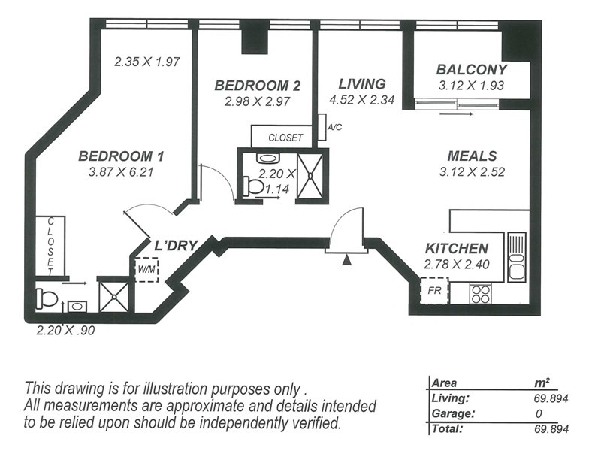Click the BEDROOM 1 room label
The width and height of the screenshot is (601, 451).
[121, 156]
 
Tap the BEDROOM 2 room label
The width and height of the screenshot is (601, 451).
[257, 85]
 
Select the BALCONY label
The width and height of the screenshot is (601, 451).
[473, 70]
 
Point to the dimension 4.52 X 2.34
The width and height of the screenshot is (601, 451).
[361, 99]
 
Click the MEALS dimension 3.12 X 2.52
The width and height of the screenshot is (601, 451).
[471, 171]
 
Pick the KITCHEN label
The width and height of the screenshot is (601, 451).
[457, 249]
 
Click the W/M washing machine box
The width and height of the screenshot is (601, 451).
[146, 268]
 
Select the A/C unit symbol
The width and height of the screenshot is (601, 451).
[322, 128]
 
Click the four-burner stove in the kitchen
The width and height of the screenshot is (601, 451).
[480, 293]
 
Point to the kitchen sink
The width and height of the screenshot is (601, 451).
[516, 256]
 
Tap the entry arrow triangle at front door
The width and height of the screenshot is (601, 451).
[346, 260]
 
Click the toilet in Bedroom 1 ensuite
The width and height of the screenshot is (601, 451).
[47, 299]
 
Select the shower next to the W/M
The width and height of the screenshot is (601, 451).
[114, 295]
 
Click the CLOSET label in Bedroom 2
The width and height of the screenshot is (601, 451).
[285, 138]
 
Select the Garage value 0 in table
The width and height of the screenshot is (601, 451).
[538, 414]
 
